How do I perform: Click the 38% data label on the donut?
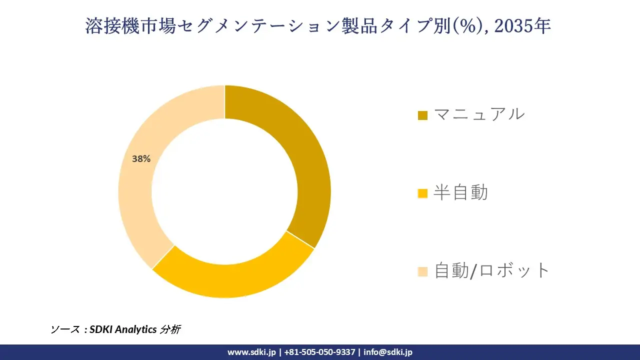tap(141, 159)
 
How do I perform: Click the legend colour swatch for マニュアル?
tap(422, 115)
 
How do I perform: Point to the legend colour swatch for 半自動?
tap(422, 193)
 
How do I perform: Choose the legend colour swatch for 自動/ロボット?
tap(422, 271)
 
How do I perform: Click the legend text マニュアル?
tap(479, 114)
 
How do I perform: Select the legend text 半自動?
tap(460, 192)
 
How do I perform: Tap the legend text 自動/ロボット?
tap(492, 270)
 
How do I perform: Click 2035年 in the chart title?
tap(522, 26)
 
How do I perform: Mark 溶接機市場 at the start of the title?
tap(130, 26)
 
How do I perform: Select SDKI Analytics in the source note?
tap(123, 329)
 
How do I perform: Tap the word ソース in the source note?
tap(65, 329)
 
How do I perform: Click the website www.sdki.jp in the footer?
tap(251, 352)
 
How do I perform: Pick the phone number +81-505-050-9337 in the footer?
tap(320, 352)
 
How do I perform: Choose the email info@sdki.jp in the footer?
tap(388, 352)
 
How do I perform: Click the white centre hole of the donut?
tap(224, 191)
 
